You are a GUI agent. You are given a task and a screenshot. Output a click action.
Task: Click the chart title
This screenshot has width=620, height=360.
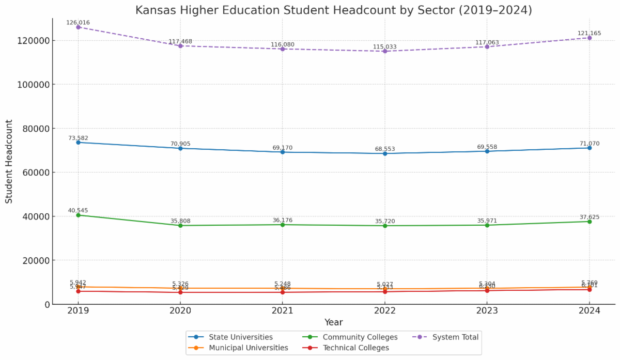pyautogui.click(x=333, y=10)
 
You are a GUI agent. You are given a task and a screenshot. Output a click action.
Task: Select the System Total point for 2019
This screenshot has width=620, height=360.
pyautogui.click(x=78, y=27)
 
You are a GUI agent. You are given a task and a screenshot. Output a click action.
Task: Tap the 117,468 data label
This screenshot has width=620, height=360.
pyautogui.click(x=180, y=41)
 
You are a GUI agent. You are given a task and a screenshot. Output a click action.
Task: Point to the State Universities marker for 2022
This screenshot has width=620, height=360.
pyautogui.click(x=385, y=153)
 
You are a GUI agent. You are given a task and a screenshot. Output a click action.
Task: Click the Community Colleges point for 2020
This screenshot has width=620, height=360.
pyautogui.click(x=180, y=225)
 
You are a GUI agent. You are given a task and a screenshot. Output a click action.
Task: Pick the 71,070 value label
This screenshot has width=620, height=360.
pyautogui.click(x=590, y=144)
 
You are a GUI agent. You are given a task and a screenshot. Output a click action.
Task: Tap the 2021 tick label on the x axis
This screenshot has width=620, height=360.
pyautogui.click(x=283, y=310)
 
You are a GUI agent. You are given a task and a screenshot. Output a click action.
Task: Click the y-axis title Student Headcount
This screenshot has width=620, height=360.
pyautogui.click(x=9, y=161)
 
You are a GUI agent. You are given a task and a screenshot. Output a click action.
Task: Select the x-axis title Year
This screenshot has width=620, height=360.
pyautogui.click(x=333, y=322)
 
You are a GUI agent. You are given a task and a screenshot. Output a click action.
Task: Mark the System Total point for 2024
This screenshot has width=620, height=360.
pyautogui.click(x=590, y=38)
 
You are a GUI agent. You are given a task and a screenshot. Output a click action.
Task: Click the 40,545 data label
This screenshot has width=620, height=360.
pyautogui.click(x=78, y=210)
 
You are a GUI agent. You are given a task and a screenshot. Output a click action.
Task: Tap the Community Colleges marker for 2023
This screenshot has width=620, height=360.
pyautogui.click(x=487, y=225)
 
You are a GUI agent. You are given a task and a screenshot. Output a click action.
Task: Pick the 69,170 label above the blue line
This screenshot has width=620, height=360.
pyautogui.click(x=283, y=148)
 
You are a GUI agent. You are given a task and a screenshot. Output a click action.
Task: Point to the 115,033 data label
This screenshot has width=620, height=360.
pyautogui.click(x=385, y=47)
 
